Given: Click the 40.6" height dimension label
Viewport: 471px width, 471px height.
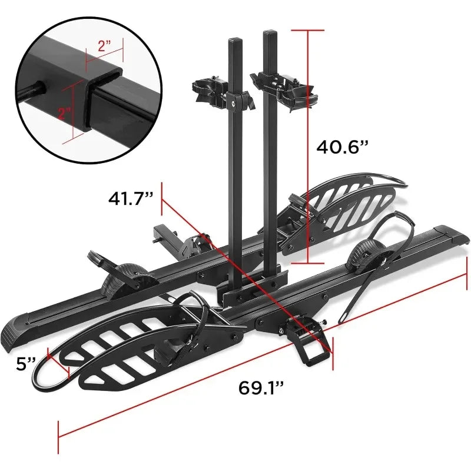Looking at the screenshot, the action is [342, 148].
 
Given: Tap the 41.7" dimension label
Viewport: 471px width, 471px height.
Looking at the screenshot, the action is [131, 198].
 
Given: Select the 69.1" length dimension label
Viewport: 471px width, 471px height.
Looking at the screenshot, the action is [261, 387].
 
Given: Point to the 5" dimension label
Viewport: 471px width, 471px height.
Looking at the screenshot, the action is [26, 364].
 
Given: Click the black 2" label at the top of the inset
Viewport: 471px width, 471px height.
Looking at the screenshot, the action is [105, 46].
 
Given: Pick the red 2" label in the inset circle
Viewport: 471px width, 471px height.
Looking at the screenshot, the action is [64, 114].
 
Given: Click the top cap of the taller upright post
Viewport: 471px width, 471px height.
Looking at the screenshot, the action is [270, 32].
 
